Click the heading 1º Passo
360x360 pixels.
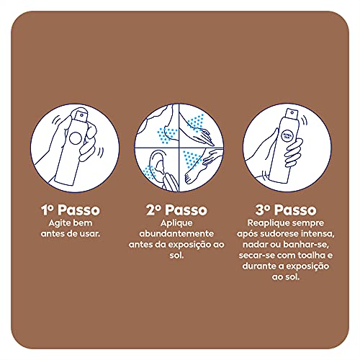point(69,210)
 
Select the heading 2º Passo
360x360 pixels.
point(176,210)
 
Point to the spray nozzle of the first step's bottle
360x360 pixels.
point(80,114)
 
